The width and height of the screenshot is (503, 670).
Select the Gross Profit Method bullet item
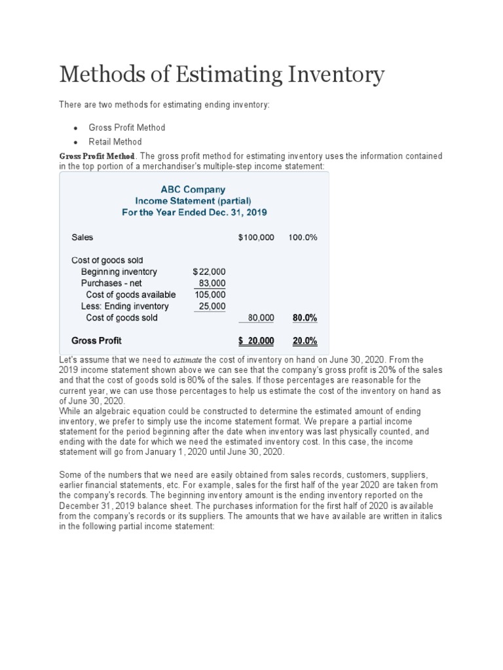tap(126, 127)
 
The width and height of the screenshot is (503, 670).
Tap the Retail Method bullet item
tap(115, 141)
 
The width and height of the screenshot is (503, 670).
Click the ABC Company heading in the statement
tap(193, 189)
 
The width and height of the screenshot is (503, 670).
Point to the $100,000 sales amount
tap(256, 238)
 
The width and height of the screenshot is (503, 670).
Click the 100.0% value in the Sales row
tap(303, 238)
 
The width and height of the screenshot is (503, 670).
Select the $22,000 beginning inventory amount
tap(210, 272)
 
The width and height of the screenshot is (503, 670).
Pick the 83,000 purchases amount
tap(212, 283)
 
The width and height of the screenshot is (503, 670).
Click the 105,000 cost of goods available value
tap(210, 294)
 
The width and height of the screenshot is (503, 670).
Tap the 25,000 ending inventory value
tap(212, 306)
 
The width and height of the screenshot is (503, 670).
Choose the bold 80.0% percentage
tap(304, 318)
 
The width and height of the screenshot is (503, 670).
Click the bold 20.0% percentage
tap(304, 341)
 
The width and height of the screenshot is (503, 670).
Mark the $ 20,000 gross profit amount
tap(256, 341)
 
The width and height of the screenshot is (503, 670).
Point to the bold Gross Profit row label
tap(96, 341)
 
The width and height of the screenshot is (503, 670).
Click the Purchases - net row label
tap(111, 283)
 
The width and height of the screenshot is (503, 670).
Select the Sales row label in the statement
tap(82, 238)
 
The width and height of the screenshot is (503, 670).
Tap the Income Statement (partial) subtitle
tap(193, 201)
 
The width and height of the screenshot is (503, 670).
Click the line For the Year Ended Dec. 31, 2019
tap(195, 213)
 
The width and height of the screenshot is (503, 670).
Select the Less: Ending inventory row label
tap(124, 306)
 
